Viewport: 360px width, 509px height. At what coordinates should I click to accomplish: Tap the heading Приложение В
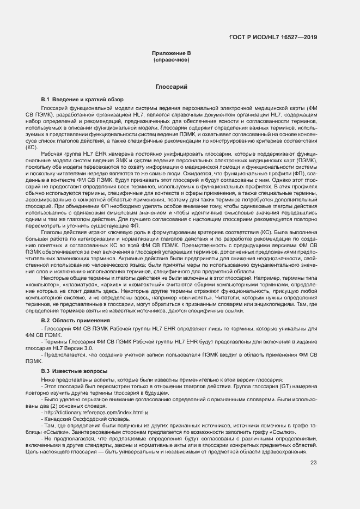172,53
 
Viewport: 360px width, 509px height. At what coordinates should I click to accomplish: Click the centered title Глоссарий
172,87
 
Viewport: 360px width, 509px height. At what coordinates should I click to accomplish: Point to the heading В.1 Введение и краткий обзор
82,100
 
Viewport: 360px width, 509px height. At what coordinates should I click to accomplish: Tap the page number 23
313,463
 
